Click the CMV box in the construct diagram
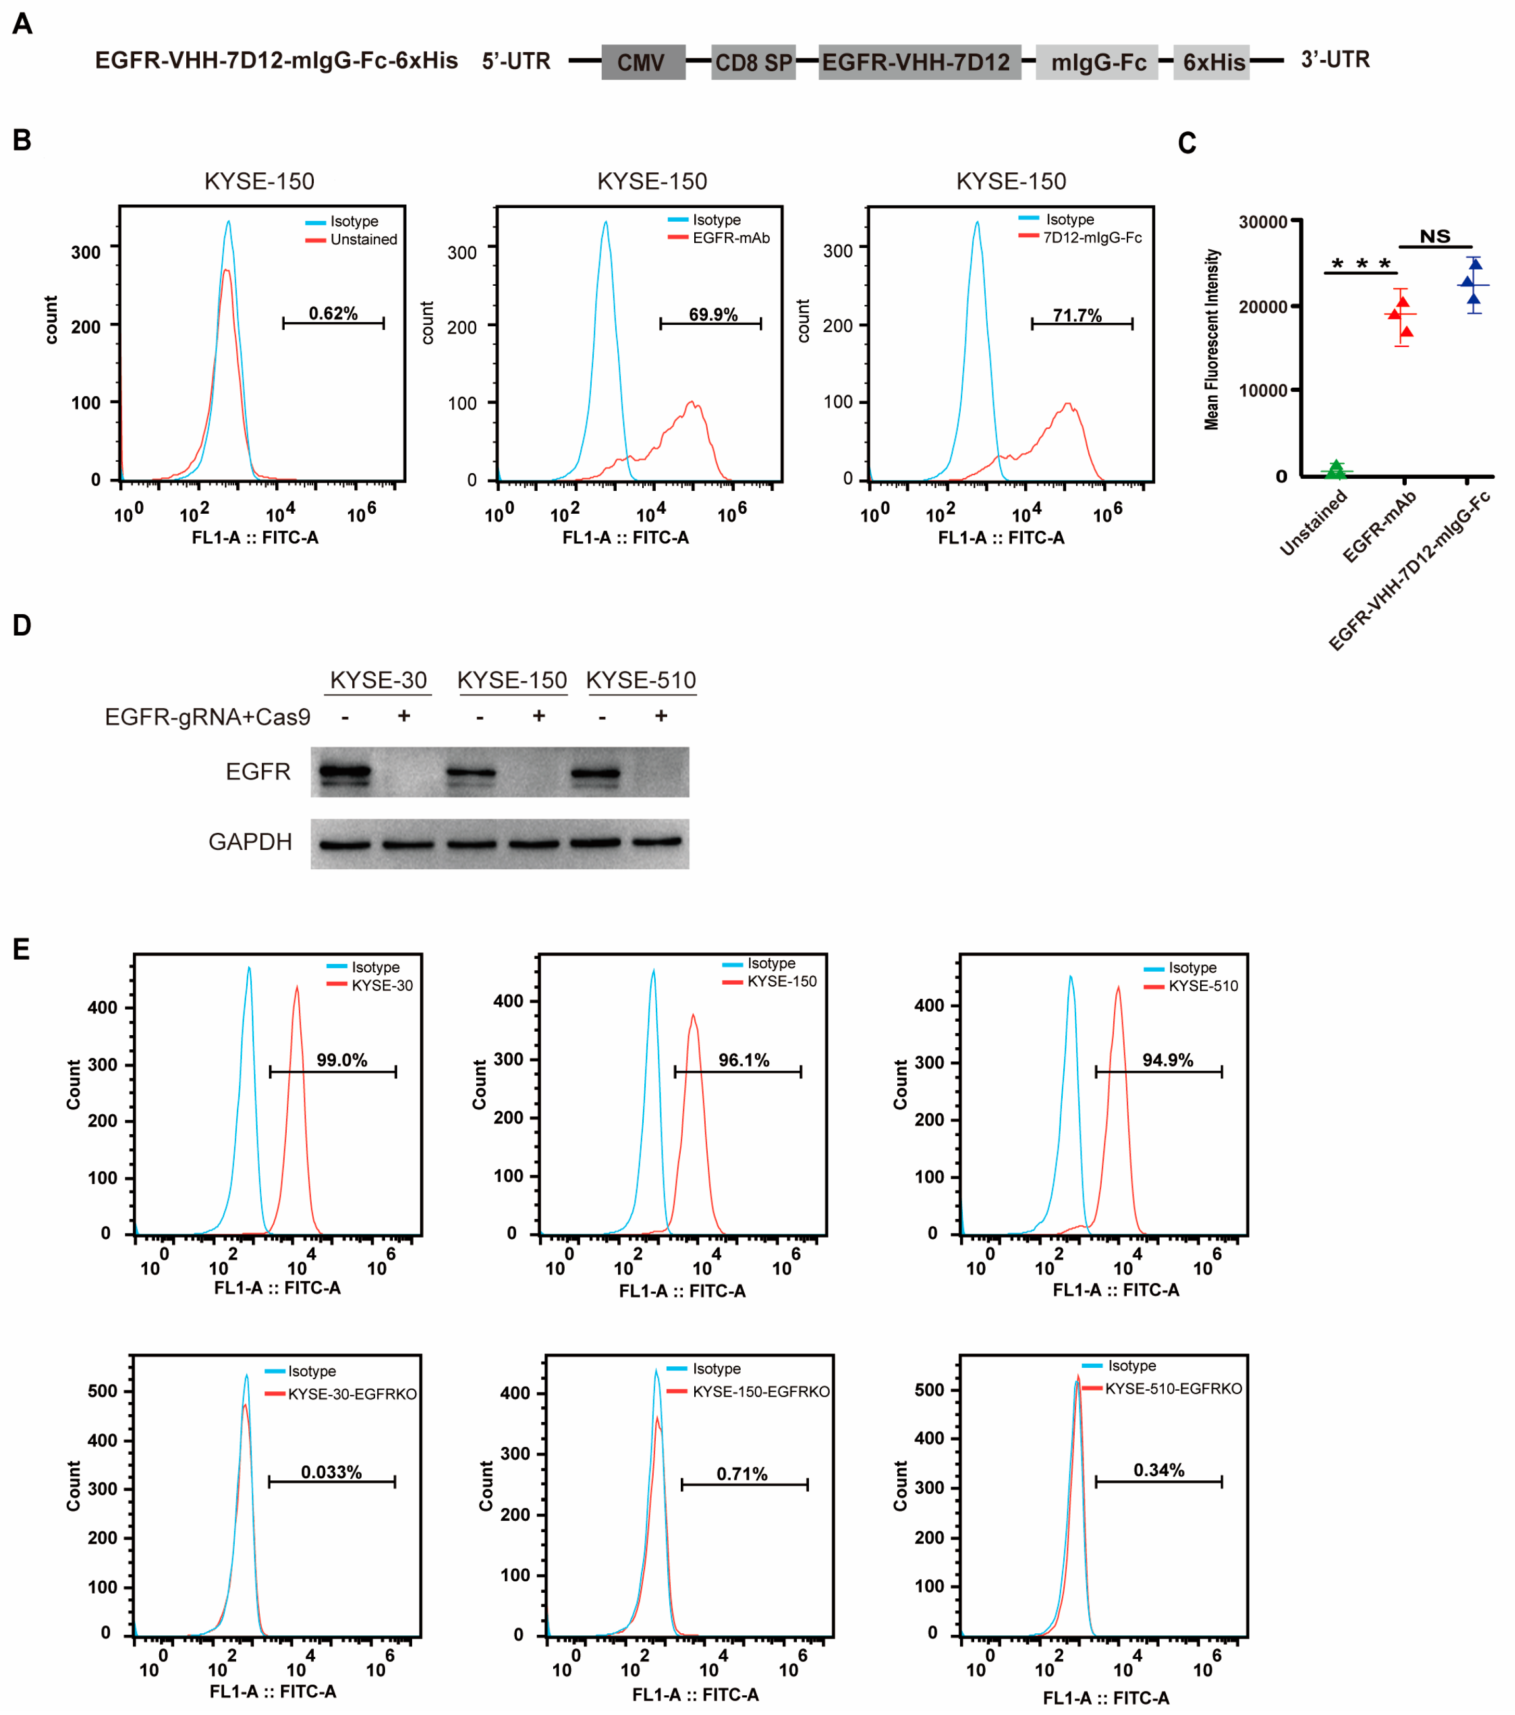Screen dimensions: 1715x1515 tap(643, 62)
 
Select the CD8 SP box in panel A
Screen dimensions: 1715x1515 tap(753, 62)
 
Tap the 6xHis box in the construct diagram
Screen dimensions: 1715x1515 tap(1212, 62)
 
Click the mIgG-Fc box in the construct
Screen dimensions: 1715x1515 tap(1097, 62)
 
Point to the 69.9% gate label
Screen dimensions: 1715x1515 tap(713, 315)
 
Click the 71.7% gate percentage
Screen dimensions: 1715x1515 tap(1077, 315)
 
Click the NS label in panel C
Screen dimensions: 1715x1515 tap(1434, 237)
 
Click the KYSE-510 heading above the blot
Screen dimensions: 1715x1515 tap(641, 680)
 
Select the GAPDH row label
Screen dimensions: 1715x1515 tap(250, 842)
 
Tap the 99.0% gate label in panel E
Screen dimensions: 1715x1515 tap(341, 1060)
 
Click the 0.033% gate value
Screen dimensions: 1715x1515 tap(332, 1472)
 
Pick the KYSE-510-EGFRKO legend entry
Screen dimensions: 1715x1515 tap(1173, 1389)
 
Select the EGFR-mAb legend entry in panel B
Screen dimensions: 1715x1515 tap(730, 238)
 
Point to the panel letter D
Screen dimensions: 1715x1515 tap(22, 626)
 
